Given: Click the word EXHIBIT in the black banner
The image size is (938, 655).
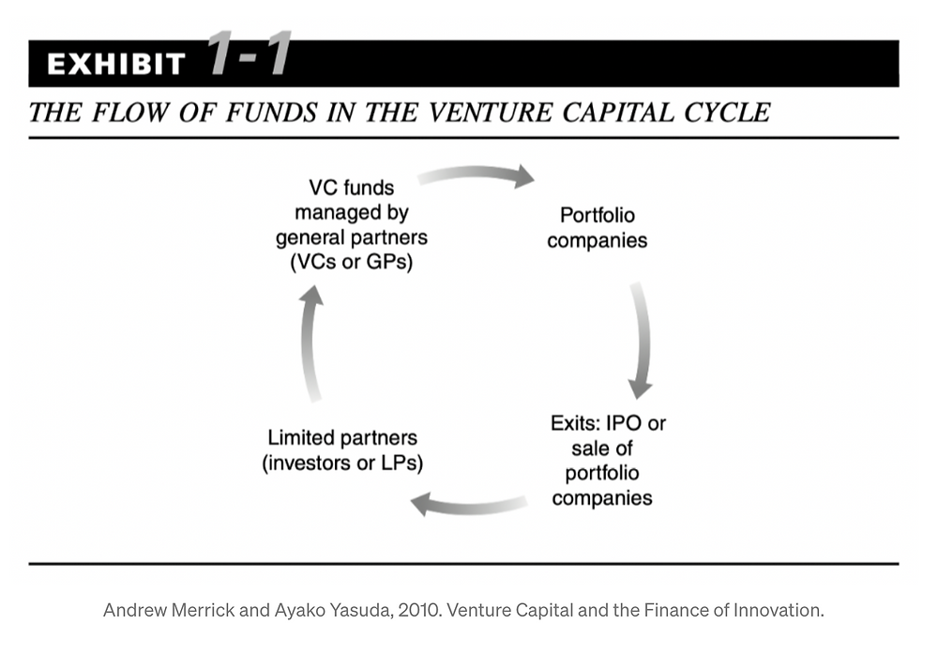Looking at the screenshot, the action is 116,64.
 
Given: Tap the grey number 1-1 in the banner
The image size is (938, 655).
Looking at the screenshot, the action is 250,53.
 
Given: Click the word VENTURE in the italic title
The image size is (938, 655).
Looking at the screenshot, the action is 491,113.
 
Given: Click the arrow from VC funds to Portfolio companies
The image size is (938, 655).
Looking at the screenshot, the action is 477,175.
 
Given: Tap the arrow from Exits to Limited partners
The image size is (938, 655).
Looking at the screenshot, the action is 469,505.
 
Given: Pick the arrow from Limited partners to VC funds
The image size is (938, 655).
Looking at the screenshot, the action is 310,343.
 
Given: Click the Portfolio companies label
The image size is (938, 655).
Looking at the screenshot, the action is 597,228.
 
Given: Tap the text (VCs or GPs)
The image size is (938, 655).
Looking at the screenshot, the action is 351,262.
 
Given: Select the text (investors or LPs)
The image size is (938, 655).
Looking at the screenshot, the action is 342,463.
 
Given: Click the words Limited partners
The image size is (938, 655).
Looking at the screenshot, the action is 342,437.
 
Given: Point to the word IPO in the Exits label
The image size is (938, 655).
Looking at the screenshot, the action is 623,423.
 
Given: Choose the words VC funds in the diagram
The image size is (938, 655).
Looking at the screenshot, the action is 352,188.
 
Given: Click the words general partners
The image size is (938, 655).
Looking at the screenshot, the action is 352,237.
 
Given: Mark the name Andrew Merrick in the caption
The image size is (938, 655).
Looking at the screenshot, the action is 169,610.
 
